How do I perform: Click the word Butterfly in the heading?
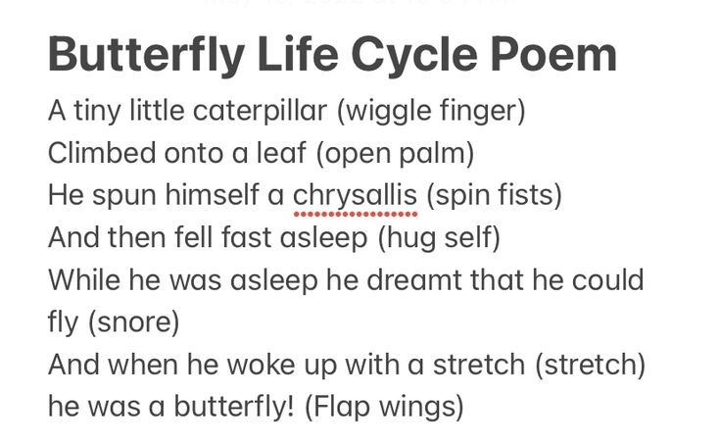tap(144, 56)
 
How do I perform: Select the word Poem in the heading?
tap(555, 56)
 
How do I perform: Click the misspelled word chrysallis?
tap(355, 196)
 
